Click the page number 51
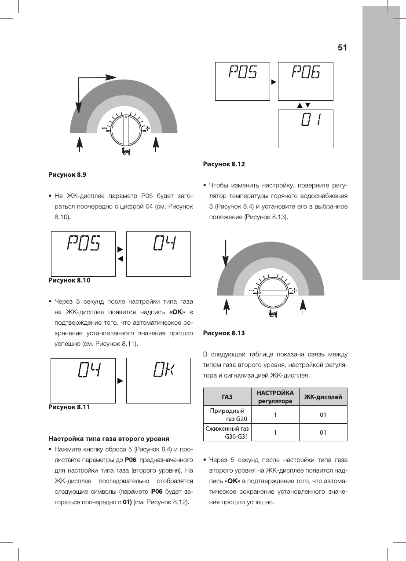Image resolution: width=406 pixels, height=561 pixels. coord(342,48)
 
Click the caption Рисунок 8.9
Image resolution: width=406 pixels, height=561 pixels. coord(67,175)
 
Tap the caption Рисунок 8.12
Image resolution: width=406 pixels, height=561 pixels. coord(223,164)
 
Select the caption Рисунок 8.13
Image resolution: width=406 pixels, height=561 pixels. coord(223,333)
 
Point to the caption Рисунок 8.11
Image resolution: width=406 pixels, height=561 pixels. coord(69,407)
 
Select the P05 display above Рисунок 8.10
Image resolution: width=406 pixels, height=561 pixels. coord(84,243)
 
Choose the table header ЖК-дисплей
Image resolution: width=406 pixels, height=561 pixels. coord(323,397)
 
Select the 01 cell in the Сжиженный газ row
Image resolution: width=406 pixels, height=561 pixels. coord(323,433)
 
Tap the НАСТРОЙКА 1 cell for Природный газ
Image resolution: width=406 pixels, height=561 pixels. coord(275,414)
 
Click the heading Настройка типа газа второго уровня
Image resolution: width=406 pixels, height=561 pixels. coord(109,439)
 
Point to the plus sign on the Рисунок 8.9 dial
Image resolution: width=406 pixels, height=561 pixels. coord(148,128)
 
